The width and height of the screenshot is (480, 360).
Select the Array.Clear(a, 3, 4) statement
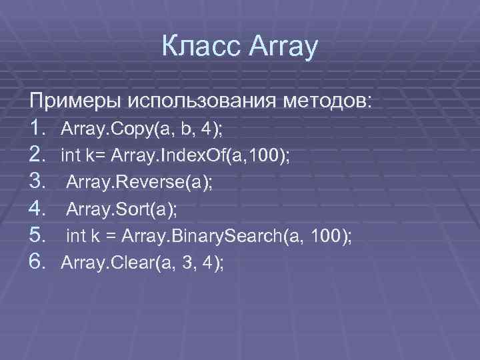(142, 263)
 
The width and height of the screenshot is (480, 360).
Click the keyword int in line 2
(70, 155)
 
